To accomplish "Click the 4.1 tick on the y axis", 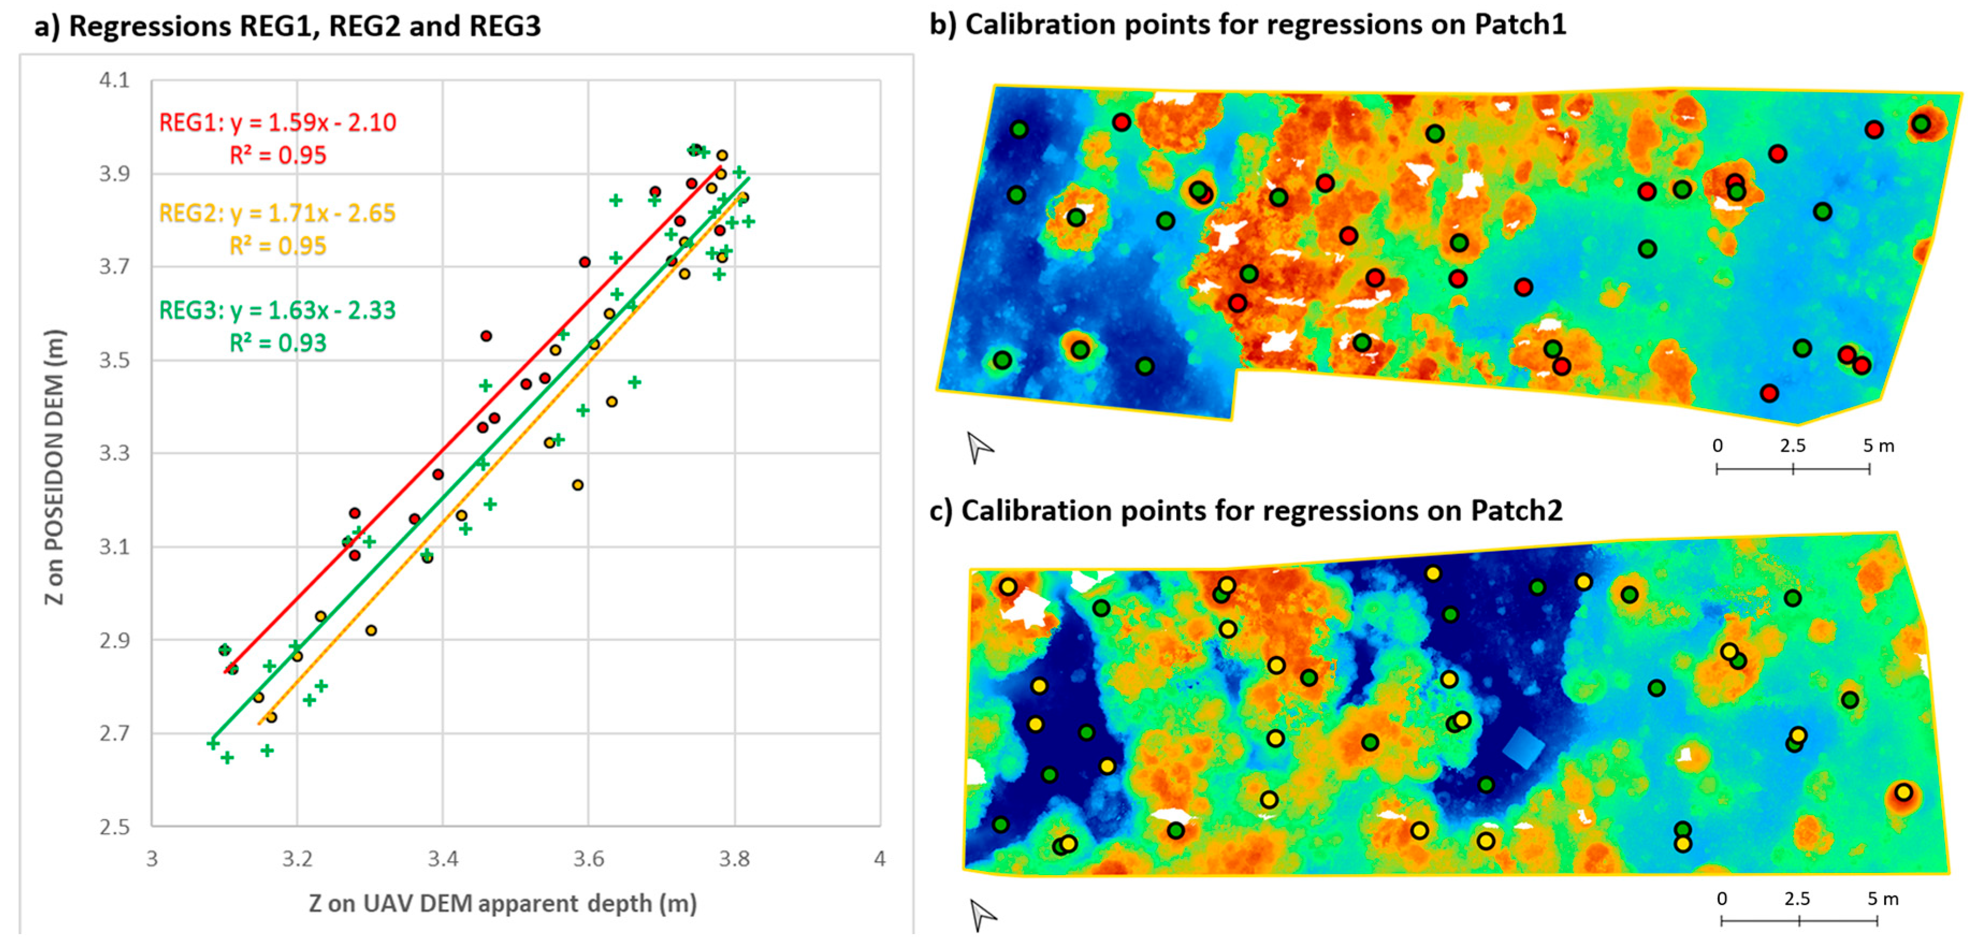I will pyautogui.click(x=114, y=80).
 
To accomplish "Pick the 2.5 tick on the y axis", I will pyautogui.click(x=114, y=826).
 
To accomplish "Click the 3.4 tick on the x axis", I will pyautogui.click(x=443, y=858).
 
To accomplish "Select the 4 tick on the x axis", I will pyautogui.click(x=880, y=858).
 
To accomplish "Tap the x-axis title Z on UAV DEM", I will pyautogui.click(x=503, y=903).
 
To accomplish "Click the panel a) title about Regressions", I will pyautogui.click(x=288, y=26).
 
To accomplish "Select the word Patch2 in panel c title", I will pyautogui.click(x=1516, y=511).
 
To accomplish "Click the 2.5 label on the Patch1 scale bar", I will pyautogui.click(x=1793, y=446).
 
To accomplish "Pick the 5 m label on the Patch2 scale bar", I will pyautogui.click(x=1883, y=899).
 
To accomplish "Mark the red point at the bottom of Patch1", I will pyautogui.click(x=1769, y=393).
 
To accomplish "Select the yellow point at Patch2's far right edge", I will pyautogui.click(x=1903, y=792).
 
